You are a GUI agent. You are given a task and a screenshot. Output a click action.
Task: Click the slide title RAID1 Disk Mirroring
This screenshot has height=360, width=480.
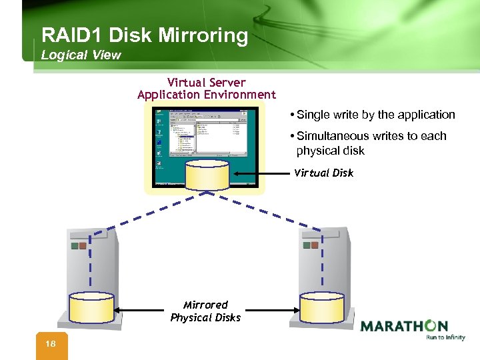(144, 35)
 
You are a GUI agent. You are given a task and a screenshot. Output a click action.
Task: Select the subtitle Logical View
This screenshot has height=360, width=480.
(81, 55)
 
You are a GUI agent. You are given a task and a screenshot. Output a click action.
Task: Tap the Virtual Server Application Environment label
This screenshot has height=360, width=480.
(206, 89)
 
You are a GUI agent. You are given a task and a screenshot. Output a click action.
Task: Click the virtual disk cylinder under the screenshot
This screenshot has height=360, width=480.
(207, 175)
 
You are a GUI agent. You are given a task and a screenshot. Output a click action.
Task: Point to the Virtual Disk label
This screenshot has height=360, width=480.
(323, 173)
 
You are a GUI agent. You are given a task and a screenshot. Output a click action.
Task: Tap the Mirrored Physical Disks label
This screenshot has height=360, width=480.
(205, 311)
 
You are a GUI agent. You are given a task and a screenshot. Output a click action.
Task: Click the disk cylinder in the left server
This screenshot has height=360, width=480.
(91, 307)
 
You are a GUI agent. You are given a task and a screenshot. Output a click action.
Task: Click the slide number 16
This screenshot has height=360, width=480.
(51, 343)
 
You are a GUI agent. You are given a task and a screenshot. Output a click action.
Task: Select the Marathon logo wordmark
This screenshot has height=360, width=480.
(404, 326)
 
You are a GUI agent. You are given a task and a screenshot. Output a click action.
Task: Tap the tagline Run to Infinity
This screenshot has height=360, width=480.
(445, 337)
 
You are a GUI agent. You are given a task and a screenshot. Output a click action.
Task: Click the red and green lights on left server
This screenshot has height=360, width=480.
(78, 245)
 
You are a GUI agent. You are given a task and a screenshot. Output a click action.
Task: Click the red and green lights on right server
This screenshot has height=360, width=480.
(311, 245)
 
